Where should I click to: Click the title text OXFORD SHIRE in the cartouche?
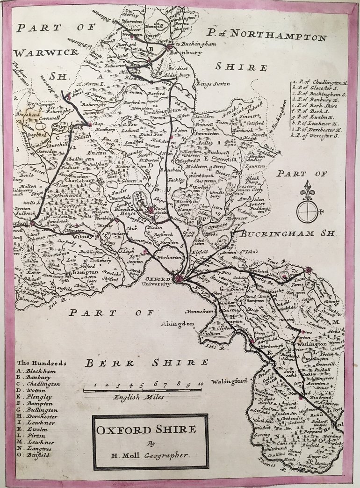point(150,430)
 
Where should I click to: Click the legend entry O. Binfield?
point(35,455)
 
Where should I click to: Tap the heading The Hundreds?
point(42,363)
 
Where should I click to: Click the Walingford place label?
point(229,381)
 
